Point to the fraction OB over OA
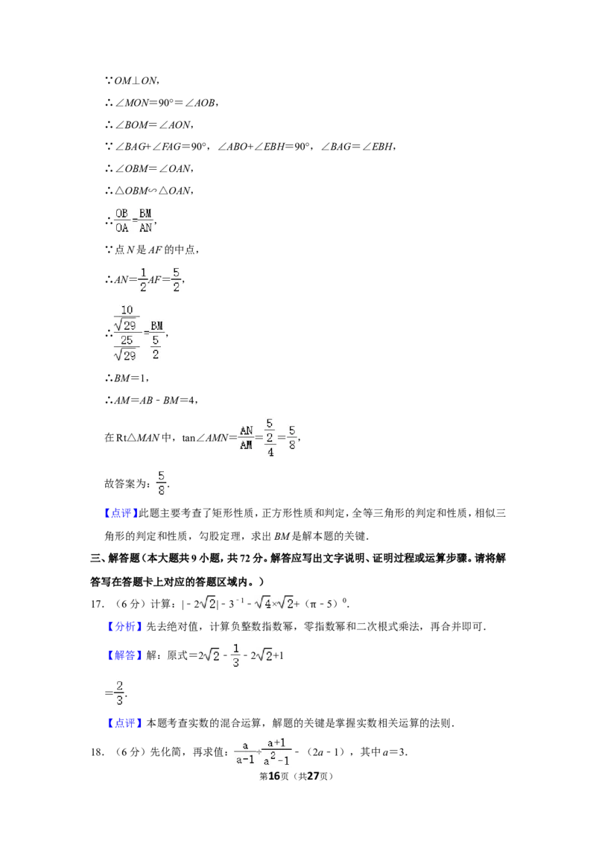pos(122,221)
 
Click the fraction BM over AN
pos(145,221)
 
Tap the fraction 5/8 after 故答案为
pos(161,483)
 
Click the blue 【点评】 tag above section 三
pos(121,513)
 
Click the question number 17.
pos(97,604)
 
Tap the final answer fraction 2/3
pos(119,693)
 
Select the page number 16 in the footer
pos(274,776)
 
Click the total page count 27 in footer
pos(313,776)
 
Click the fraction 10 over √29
pos(127,318)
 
